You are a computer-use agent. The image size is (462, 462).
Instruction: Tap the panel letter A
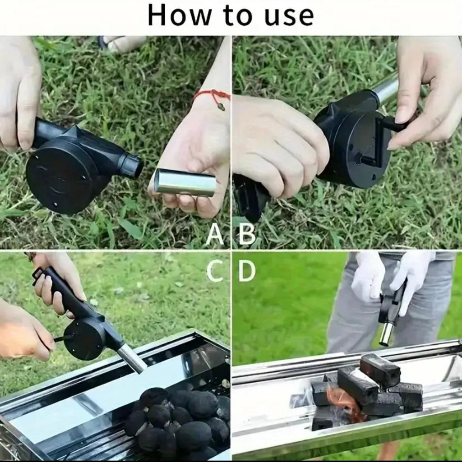(x=214, y=235)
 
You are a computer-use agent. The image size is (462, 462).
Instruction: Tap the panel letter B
(x=247, y=235)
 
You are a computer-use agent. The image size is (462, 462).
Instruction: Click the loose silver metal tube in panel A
(x=185, y=182)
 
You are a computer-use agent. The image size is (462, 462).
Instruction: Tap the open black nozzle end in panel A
(x=133, y=166)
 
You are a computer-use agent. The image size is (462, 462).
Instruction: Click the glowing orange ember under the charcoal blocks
(x=343, y=404)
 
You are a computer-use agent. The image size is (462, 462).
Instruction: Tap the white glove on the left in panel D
(x=368, y=275)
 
